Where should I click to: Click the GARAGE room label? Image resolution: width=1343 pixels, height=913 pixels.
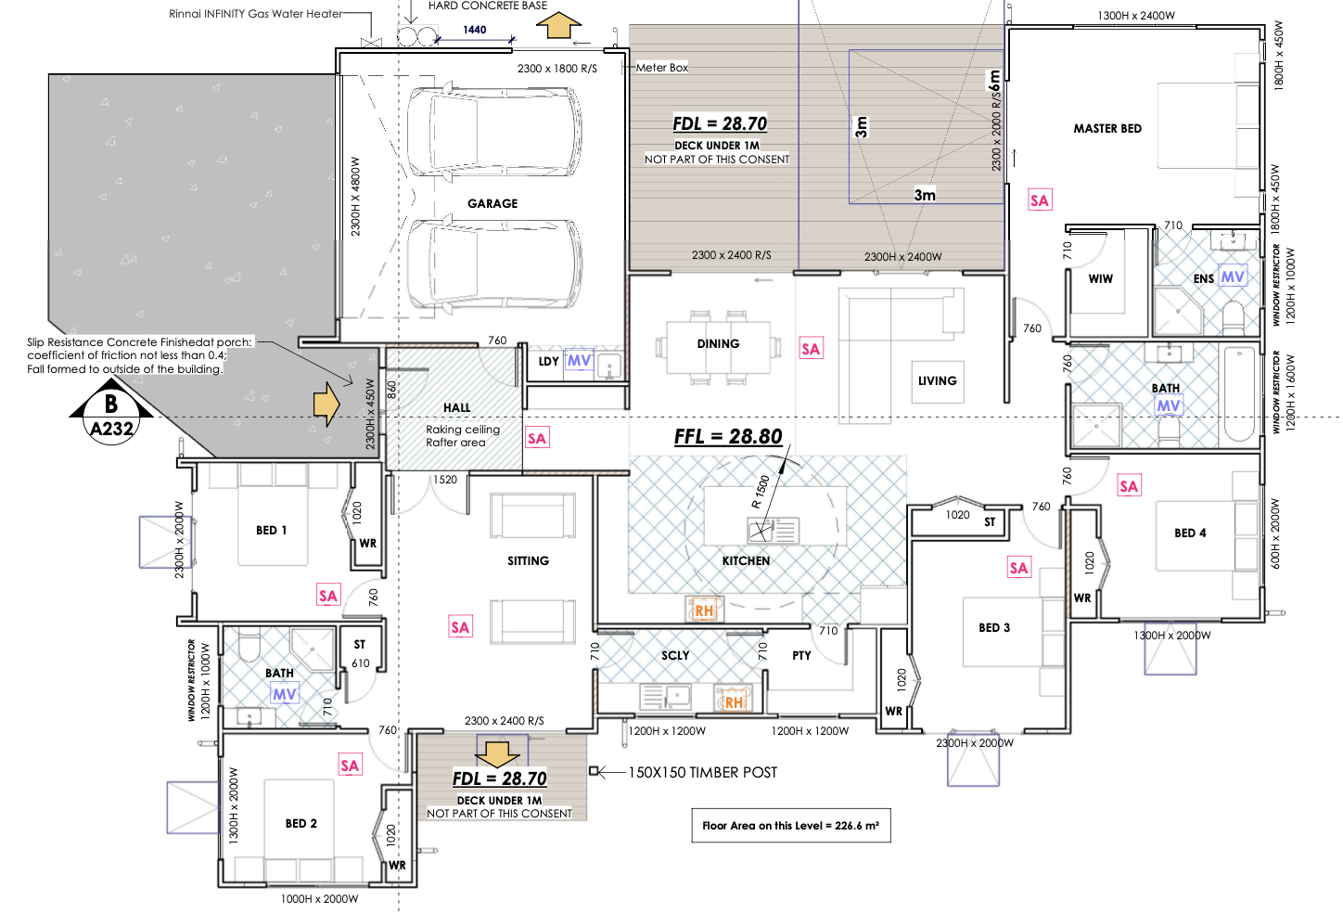(492, 204)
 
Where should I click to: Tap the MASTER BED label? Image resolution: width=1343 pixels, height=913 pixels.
(1107, 128)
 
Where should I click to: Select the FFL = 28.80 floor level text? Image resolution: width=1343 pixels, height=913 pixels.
(728, 436)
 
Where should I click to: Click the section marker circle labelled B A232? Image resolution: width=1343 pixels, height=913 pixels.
(111, 415)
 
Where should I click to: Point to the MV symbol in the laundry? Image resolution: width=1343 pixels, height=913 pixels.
(579, 361)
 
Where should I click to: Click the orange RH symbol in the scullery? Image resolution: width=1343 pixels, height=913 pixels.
(734, 702)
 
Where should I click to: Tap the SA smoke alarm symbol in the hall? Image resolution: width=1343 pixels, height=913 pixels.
(537, 439)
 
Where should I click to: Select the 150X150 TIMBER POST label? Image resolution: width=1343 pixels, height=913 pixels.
(702, 772)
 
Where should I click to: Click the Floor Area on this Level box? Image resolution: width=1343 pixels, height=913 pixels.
(791, 826)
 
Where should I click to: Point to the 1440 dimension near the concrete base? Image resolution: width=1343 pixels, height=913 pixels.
(474, 30)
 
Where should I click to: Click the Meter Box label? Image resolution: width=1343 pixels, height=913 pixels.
(662, 68)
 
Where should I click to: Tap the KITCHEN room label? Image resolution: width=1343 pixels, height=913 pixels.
(746, 560)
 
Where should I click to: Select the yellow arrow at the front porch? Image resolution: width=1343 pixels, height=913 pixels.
(326, 405)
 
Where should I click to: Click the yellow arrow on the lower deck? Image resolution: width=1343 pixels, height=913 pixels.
(498, 754)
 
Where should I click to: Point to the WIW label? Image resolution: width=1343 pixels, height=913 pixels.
(1100, 279)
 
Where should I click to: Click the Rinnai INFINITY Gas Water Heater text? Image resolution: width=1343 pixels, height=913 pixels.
(255, 14)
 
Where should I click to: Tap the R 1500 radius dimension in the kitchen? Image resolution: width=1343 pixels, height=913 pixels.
(761, 492)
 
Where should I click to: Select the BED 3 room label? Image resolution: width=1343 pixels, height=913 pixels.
(994, 628)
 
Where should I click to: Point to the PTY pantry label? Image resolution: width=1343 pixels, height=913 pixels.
(801, 656)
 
